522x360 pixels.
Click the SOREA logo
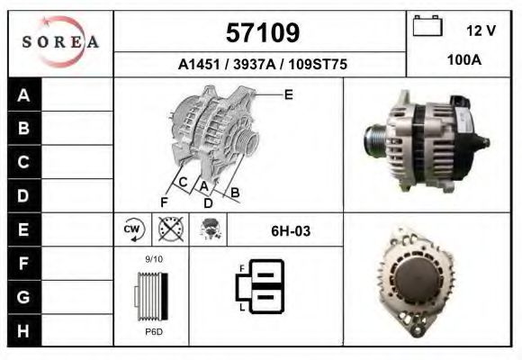(60, 42)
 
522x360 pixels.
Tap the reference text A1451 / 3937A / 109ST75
(263, 65)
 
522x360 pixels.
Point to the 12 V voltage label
(481, 31)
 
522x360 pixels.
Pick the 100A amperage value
(464, 60)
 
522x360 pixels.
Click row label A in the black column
(23, 95)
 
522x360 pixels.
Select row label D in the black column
(23, 195)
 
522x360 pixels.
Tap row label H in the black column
(23, 330)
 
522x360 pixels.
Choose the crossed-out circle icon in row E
(168, 230)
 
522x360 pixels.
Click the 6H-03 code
(291, 231)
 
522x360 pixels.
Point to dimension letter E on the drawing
(288, 94)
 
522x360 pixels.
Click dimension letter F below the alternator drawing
(164, 201)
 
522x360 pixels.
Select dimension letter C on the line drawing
(183, 183)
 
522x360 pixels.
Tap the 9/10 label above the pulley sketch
(154, 260)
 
